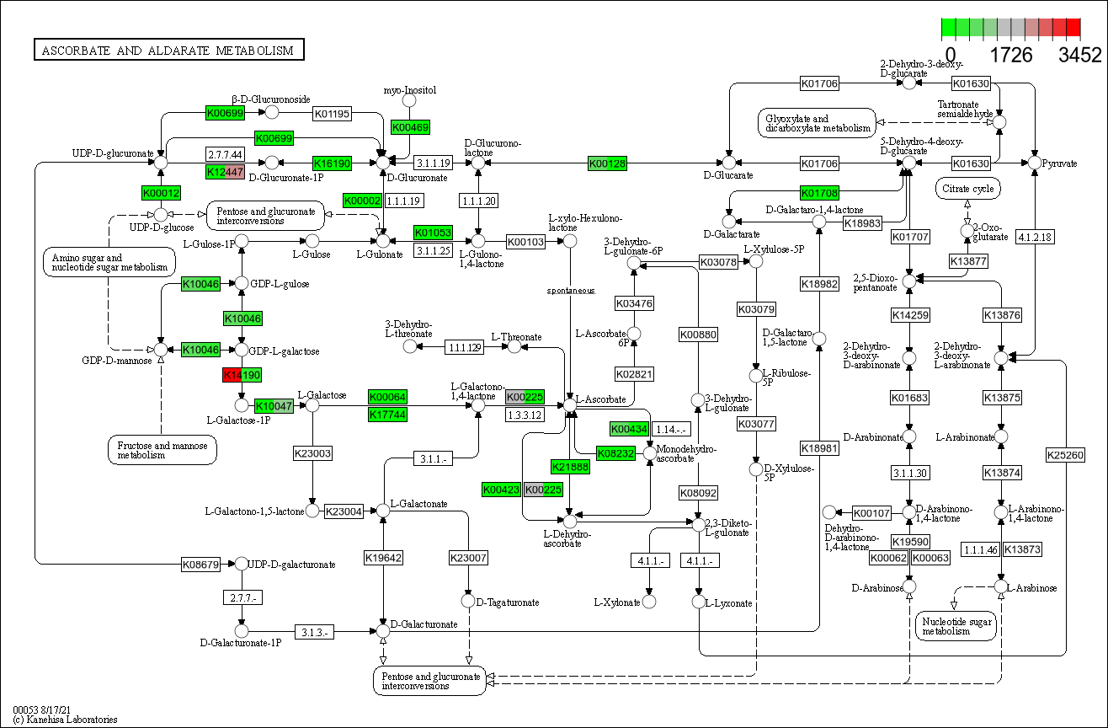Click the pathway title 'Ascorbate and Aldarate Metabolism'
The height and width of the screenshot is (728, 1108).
[x=168, y=51]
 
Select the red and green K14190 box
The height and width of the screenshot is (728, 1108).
[x=242, y=374]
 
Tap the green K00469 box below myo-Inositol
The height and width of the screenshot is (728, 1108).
[x=411, y=127]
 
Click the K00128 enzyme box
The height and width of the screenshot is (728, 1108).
[x=607, y=163]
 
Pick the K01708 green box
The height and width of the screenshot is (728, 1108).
[x=819, y=193]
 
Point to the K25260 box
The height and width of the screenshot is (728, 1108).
[x=1066, y=455]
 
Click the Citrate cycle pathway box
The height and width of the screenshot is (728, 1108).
[x=967, y=189]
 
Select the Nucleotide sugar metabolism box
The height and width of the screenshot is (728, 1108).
[x=954, y=625]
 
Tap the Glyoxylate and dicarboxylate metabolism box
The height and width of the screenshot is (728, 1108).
[x=817, y=124]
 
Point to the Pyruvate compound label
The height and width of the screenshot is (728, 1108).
[x=1061, y=163]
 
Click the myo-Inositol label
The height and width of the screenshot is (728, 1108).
[x=410, y=90]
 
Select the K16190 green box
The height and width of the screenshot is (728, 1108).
[x=332, y=163]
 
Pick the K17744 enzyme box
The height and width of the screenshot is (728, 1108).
[x=387, y=415]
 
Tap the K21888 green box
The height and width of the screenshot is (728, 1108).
[x=570, y=467]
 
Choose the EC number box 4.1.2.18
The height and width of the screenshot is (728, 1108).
[x=1036, y=238]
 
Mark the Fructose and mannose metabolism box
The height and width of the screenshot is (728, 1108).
[x=162, y=450]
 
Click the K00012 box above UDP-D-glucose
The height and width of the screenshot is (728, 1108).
[x=162, y=193]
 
